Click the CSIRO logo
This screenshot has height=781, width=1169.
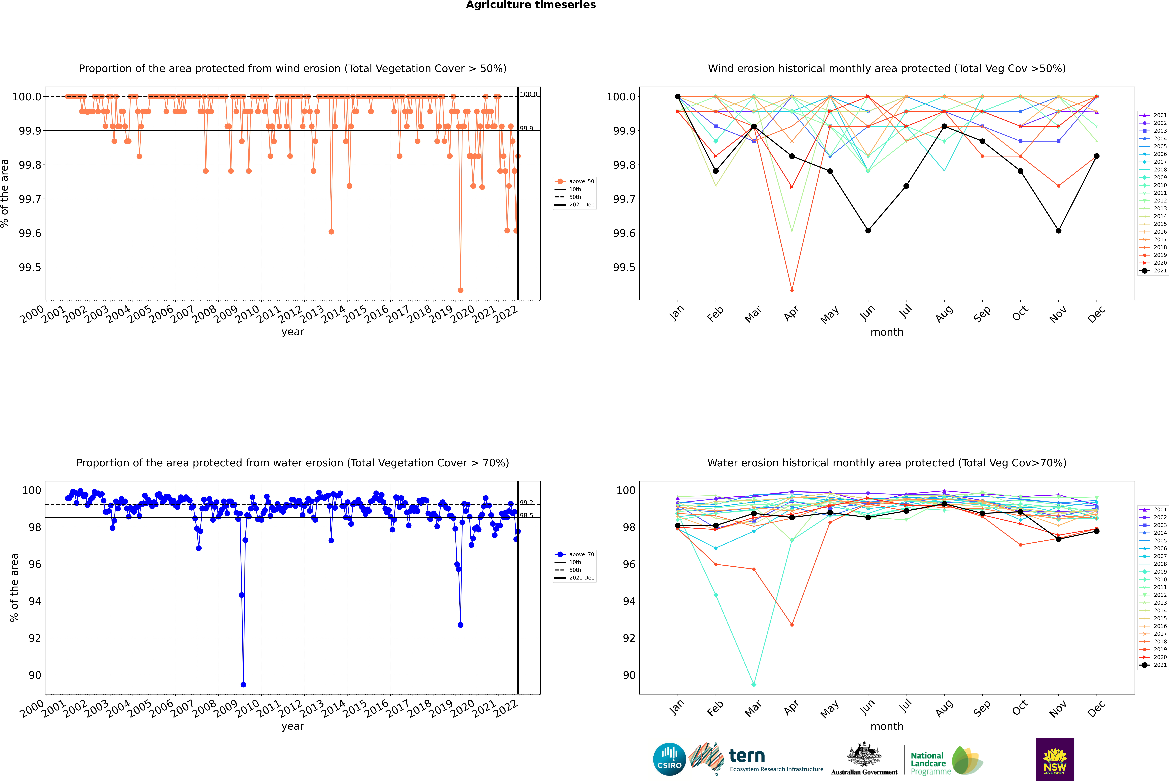tap(669, 759)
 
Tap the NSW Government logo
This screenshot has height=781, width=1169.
tap(1055, 759)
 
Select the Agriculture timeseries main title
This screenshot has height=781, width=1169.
tap(531, 5)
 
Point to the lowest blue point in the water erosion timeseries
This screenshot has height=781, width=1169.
tap(243, 684)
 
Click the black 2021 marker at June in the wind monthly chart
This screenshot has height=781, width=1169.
tap(868, 231)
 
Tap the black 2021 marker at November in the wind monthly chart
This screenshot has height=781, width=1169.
tap(1058, 231)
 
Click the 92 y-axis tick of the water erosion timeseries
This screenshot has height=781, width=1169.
tap(35, 638)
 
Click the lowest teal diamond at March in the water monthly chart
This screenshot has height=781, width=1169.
tap(753, 684)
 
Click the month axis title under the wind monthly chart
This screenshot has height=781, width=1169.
tap(886, 332)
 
